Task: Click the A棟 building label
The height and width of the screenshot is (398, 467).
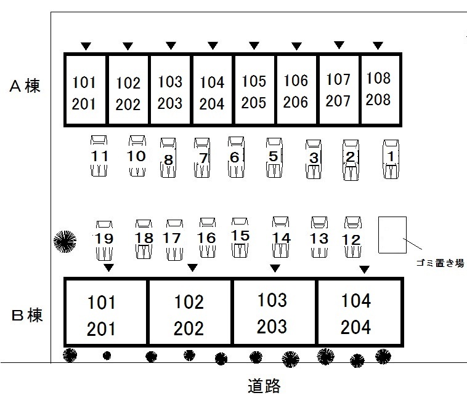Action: (25, 86)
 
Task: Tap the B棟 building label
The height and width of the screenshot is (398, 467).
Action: (27, 317)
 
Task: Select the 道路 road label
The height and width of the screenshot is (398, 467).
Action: (264, 386)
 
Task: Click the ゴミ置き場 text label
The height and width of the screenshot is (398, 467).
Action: (439, 263)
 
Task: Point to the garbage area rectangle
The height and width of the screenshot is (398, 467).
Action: (392, 234)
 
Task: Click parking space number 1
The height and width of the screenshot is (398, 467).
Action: (391, 158)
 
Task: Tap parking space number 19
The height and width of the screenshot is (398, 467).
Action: (105, 239)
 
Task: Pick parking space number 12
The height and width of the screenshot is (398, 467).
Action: (351, 239)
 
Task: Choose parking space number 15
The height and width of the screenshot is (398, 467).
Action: (240, 236)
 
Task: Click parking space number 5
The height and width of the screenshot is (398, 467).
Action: (274, 157)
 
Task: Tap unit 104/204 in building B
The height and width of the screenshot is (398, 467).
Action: (356, 314)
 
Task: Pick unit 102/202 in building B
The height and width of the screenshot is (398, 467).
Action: (189, 314)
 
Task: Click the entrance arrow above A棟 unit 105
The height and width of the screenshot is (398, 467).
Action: (254, 46)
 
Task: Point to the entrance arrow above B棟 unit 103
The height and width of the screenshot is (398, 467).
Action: (275, 268)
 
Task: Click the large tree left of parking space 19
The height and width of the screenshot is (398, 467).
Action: (65, 241)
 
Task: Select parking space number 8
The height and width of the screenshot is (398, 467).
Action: (168, 159)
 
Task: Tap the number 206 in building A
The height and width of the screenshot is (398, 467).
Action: (296, 101)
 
